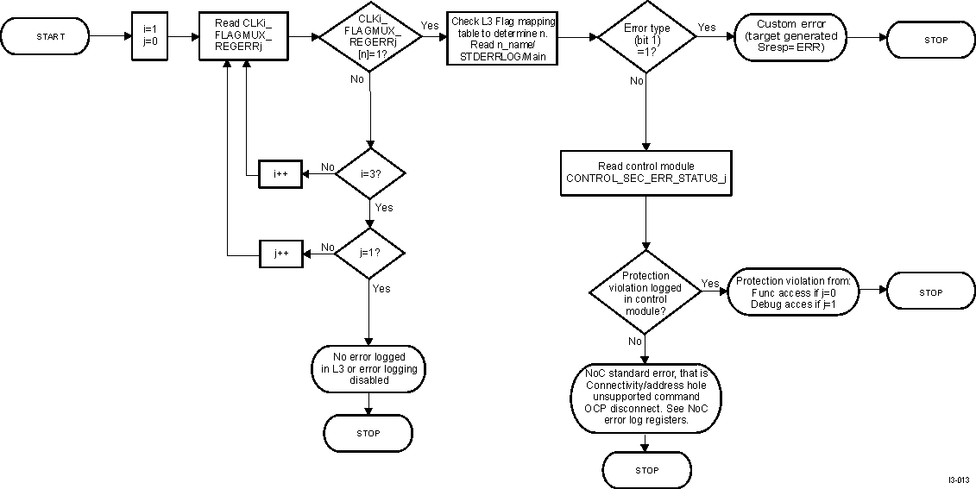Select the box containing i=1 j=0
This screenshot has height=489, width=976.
[x=149, y=36]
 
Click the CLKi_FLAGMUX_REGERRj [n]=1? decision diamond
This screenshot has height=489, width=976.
[x=367, y=37]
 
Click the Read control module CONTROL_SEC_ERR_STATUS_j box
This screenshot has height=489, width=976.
[x=646, y=172]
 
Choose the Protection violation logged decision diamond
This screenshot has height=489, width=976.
[x=645, y=292]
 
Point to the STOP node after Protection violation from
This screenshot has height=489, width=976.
[x=930, y=292]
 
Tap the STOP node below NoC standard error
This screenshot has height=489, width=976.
[x=646, y=470]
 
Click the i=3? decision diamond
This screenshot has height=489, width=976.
[x=369, y=172]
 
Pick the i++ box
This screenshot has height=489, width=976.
[x=280, y=173]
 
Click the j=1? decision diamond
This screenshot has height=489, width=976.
[x=369, y=254]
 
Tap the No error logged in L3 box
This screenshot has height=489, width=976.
[x=368, y=367]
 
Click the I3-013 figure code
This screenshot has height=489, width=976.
[x=957, y=480]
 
